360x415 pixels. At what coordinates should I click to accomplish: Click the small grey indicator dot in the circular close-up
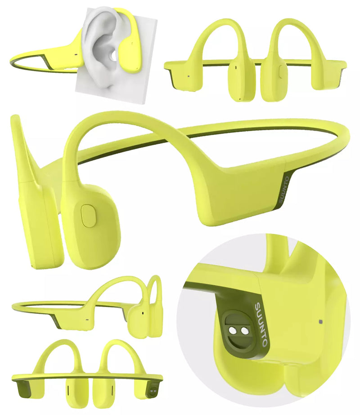coord(320,322)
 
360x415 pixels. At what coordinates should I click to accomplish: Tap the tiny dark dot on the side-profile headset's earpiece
coord(143,312)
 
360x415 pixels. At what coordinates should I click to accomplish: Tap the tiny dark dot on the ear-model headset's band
coord(76,57)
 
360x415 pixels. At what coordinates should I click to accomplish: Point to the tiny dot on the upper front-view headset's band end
coord(187,76)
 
